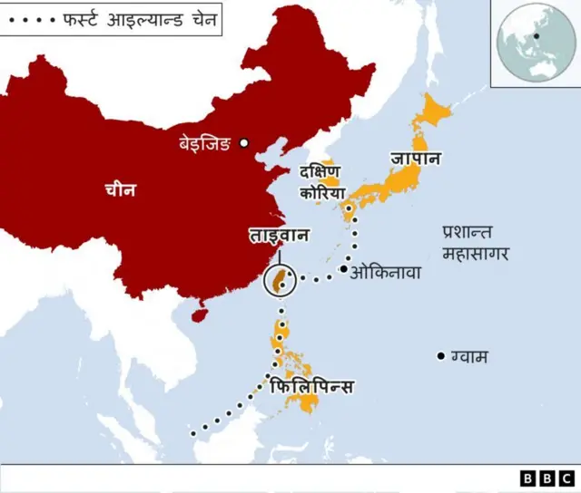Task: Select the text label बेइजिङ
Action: pos(205,142)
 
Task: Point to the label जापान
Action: pos(416,159)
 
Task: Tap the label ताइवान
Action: pos(280,236)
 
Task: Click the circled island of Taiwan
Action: pos(281,281)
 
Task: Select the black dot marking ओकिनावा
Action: pos(343,269)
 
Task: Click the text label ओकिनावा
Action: pos(385,270)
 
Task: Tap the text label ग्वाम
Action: pos(469,357)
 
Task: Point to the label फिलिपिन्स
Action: pos(312,387)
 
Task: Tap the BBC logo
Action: pos(547,478)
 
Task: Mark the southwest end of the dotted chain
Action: pos(193,434)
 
